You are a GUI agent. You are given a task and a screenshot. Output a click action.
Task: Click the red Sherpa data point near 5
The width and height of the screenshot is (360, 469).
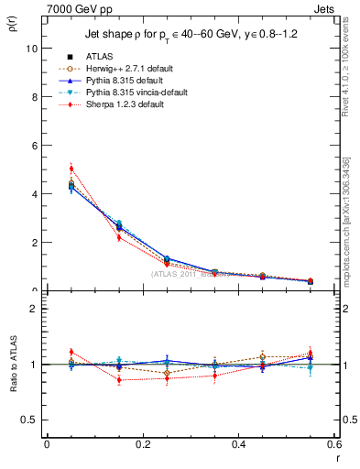coord(71,169)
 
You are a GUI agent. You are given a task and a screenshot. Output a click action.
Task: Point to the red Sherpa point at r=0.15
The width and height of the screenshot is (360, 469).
coord(119,237)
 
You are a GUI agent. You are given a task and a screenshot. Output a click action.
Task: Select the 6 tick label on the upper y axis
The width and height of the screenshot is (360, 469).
coord(35,146)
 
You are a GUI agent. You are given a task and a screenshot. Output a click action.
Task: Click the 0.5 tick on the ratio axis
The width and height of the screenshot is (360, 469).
coord(30,420)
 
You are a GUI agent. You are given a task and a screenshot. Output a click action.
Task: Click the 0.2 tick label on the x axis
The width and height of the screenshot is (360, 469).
coord(142,444)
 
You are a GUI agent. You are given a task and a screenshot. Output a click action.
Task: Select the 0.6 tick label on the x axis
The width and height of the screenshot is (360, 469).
coord(333,444)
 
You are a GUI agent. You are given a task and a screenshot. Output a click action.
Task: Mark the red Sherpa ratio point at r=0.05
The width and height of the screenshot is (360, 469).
coord(71,352)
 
